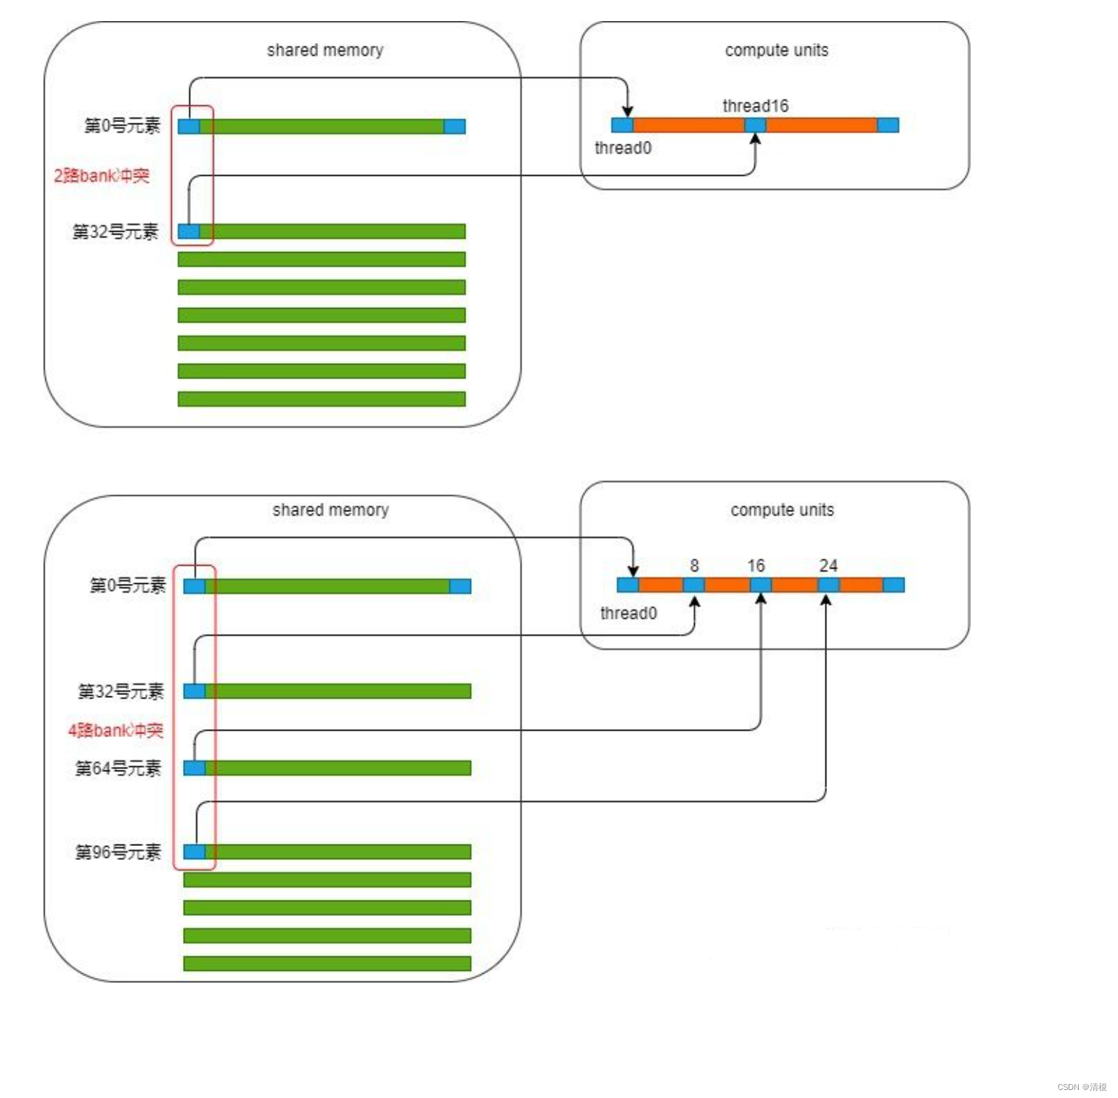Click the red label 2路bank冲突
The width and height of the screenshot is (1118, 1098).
[102, 176]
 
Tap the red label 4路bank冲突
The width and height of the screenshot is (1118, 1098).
[115, 730]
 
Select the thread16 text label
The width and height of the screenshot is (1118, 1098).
[755, 106]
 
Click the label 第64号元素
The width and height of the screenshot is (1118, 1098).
[118, 768]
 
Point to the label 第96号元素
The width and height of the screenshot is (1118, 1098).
[118, 851]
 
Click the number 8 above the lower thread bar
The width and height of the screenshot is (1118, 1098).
[694, 566]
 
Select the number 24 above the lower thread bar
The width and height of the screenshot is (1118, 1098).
[828, 566]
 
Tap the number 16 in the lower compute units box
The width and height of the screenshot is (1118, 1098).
[756, 566]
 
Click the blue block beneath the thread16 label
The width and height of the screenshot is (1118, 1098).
[755, 125]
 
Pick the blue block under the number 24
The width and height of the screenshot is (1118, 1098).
[828, 585]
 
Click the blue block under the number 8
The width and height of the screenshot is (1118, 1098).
[693, 585]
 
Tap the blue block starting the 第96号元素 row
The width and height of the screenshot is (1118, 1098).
[195, 851]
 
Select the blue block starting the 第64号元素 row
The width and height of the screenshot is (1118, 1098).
[195, 768]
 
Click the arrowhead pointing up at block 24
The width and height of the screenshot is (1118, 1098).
[825, 600]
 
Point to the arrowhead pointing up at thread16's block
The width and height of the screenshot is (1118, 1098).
[755, 139]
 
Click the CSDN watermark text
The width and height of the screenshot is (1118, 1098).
[1082, 1086]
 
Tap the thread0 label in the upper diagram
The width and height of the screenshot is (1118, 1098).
[623, 148]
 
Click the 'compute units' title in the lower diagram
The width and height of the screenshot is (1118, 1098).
[782, 510]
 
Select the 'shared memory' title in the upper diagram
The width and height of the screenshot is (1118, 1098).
[325, 50]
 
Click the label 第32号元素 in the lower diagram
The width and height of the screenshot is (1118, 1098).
[121, 691]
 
